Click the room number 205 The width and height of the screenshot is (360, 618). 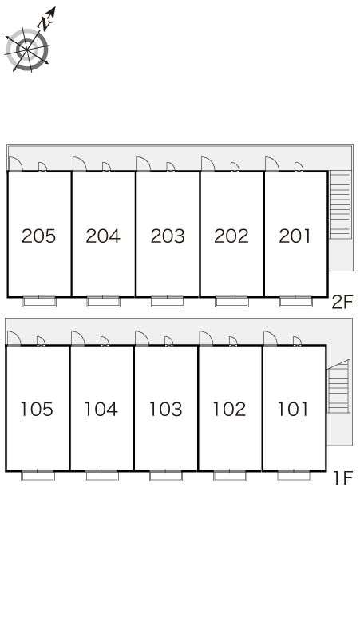click(38, 236)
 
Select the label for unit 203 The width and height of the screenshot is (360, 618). click(168, 236)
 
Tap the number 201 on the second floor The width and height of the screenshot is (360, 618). click(295, 236)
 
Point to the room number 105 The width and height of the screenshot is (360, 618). click(37, 410)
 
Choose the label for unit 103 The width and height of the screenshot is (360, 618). click(165, 410)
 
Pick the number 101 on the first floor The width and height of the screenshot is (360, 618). click(293, 410)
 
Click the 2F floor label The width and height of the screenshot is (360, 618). click(342, 303)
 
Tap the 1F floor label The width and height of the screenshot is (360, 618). click(342, 478)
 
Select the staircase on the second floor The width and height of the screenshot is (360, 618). click(340, 205)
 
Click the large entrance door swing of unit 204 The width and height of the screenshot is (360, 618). click(80, 164)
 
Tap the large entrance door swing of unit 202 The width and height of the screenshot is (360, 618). click(208, 164)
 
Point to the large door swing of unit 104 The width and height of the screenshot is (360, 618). click(78, 339)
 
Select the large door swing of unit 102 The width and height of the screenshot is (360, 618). click(206, 339)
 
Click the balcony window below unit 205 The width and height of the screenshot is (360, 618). click(39, 302)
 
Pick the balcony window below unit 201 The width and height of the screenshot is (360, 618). click(296, 302)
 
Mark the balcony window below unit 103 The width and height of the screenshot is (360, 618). click(166, 476)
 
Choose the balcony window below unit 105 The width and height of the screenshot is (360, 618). click(38, 476)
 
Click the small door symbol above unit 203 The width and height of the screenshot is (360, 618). click(171, 167)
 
